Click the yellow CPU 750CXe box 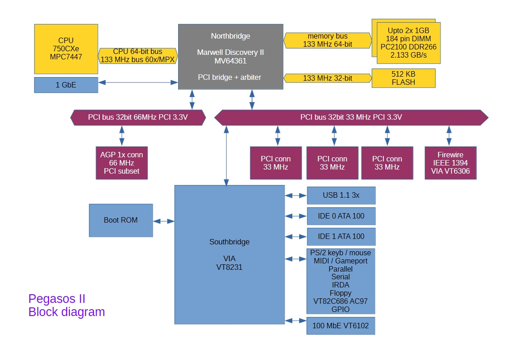coord(66,49)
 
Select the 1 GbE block coord(66,85)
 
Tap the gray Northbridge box coord(230,57)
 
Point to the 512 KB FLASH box coord(403,78)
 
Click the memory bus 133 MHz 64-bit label coord(328,40)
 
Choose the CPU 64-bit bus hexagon coord(137,55)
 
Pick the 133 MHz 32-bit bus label coord(328,78)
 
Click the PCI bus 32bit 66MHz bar coord(138,117)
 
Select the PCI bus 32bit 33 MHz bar coord(351,117)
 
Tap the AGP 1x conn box coord(121,163)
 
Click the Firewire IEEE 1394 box coord(450,163)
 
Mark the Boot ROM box coord(121,220)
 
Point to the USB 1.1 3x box coord(341,195)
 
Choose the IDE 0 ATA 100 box coord(341,216)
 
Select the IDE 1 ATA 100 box coord(341,236)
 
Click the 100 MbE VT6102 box coord(341,326)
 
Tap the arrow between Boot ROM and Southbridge coord(164,221)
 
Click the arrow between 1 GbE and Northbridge coord(138,82)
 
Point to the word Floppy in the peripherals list coord(340,293)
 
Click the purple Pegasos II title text coord(57,299)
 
